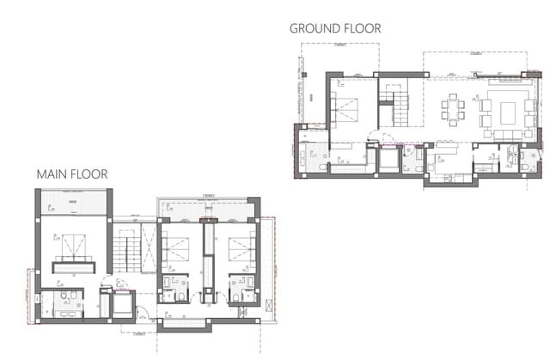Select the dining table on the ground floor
[x=454, y=109]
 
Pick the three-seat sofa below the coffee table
[x=507, y=131]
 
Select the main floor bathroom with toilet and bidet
[x=64, y=302]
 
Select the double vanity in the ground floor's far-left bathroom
[x=314, y=158]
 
